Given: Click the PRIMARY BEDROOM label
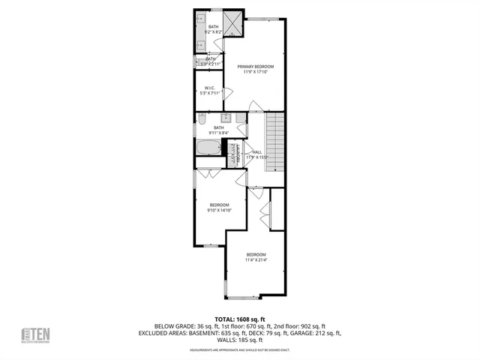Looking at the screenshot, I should [x=256, y=67].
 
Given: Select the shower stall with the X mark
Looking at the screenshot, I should [x=234, y=25].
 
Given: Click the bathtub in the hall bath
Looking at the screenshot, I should [x=208, y=146].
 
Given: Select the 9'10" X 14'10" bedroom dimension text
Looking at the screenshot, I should [x=219, y=211].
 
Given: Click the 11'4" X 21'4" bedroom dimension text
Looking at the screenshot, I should [x=256, y=260].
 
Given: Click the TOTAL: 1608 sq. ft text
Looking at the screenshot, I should [x=240, y=319].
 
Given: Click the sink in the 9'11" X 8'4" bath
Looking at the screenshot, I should [x=225, y=118].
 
